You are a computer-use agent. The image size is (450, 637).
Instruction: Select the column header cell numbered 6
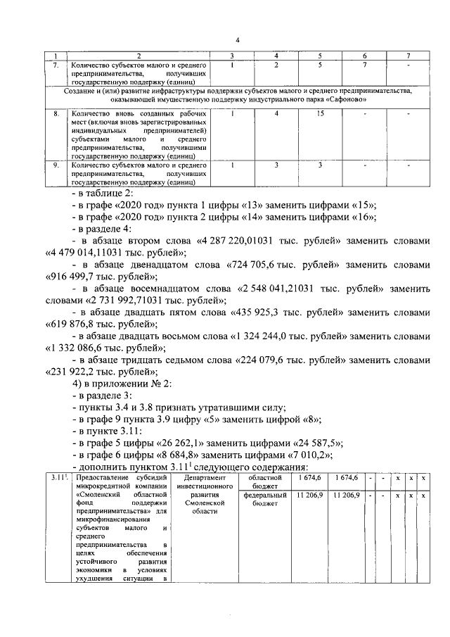[x=364, y=56]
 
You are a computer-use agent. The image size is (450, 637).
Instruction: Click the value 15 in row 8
[x=321, y=113]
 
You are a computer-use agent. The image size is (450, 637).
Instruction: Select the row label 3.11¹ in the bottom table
[x=56, y=479]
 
